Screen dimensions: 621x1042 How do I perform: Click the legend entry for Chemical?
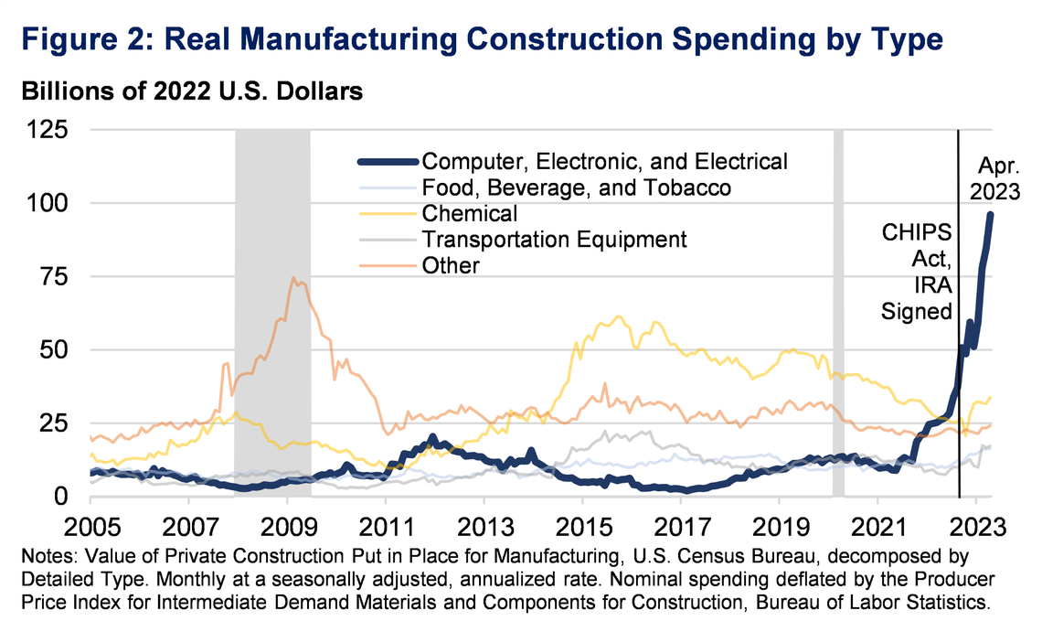tap(470, 214)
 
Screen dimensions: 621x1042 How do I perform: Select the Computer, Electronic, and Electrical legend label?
tap(603, 162)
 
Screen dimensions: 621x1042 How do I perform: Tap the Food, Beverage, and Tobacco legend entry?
tap(576, 188)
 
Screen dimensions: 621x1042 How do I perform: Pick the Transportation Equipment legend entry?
tap(554, 240)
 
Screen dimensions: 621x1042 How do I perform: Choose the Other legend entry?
tap(451, 265)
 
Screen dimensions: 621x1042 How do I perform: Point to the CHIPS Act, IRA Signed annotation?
tap(917, 270)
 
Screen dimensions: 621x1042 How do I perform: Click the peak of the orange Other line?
tap(292, 277)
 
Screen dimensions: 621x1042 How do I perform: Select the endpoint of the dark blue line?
tap(990, 214)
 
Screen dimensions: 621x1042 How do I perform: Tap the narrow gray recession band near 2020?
tap(837, 311)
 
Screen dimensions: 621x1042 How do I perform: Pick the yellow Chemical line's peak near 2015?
tap(619, 316)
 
